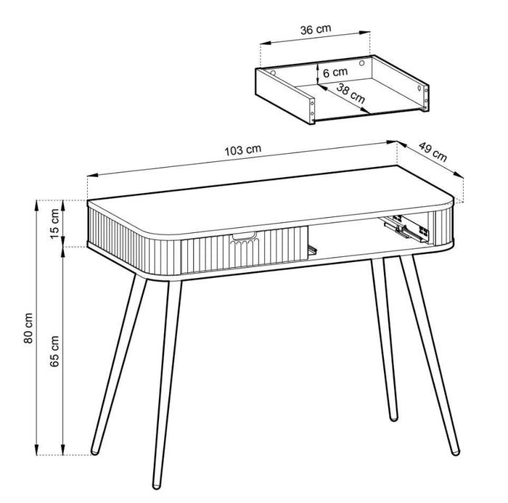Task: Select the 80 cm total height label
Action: coord(28,328)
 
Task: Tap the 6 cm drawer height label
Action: coord(335,73)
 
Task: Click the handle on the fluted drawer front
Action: coord(245,235)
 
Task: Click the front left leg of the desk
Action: coord(163,377)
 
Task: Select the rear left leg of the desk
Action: coord(118,363)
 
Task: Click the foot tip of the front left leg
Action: coord(155,482)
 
